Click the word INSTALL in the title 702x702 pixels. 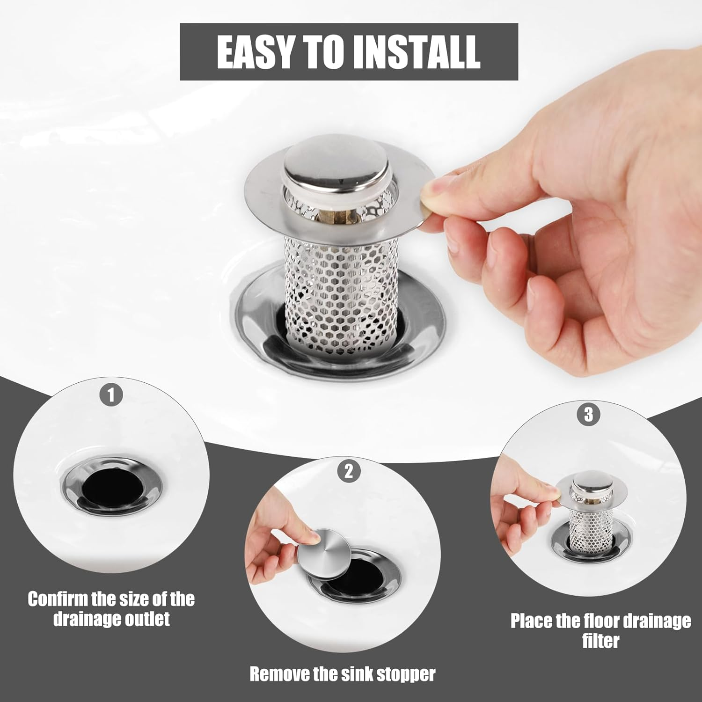tap(417, 51)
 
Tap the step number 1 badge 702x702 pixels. tap(111, 395)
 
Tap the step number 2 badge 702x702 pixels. tap(349, 471)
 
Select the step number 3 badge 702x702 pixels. tap(588, 415)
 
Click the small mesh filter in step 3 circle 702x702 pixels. tap(585, 529)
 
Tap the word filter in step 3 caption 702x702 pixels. tap(600, 641)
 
